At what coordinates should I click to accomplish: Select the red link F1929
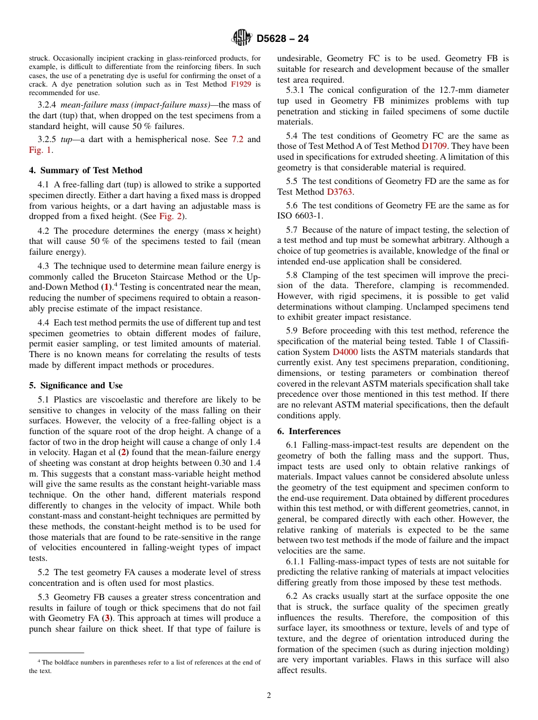point(241,84)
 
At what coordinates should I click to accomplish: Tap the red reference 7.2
point(237,139)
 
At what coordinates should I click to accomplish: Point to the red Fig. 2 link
point(169,216)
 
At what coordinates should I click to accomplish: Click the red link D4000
point(344,352)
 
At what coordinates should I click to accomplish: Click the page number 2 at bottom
point(269,695)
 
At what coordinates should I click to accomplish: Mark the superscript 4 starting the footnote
point(39,661)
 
